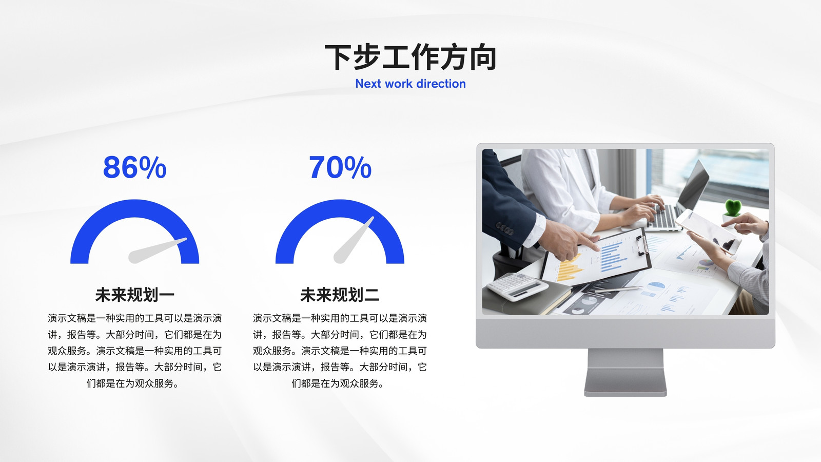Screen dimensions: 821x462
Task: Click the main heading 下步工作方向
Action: point(411,57)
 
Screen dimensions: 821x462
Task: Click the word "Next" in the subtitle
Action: point(368,84)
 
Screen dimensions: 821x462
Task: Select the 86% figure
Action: point(134,167)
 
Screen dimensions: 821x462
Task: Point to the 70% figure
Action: point(340,167)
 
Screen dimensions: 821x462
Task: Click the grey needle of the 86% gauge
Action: point(157,251)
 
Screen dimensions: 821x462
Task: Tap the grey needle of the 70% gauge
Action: point(354,240)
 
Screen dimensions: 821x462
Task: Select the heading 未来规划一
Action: point(134,295)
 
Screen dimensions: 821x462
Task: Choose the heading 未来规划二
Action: point(340,295)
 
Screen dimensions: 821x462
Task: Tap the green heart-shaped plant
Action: point(733,207)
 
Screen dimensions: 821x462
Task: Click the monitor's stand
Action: point(625,372)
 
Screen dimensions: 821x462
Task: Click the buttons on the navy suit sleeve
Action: point(504,228)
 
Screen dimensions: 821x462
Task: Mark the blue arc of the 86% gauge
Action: point(134,209)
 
